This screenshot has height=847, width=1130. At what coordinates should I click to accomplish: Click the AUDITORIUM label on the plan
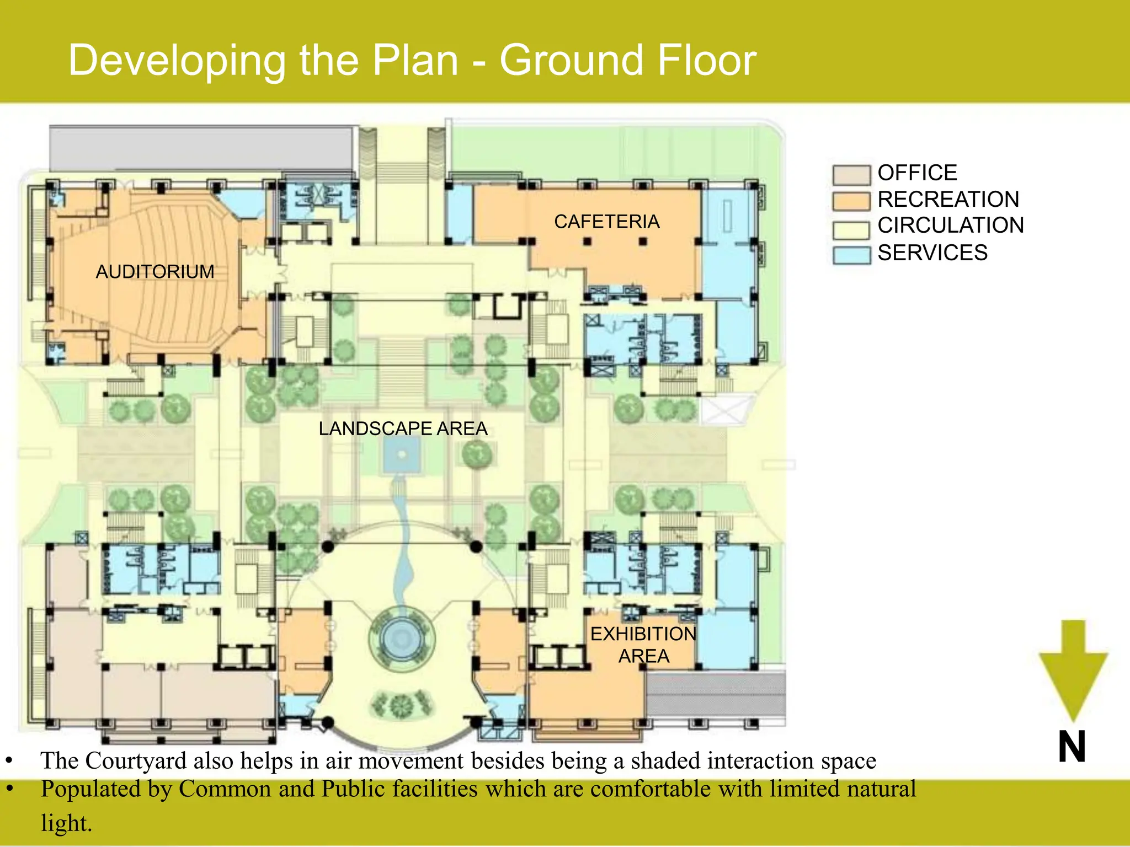pyautogui.click(x=155, y=272)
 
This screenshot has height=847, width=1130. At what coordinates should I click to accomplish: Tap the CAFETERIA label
pyautogui.click(x=606, y=222)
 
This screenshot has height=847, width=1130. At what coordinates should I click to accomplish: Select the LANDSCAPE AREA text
pyautogui.click(x=403, y=428)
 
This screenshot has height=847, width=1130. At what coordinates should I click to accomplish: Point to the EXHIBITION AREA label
pyautogui.click(x=643, y=645)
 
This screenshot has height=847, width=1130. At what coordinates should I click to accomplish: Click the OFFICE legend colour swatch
pyautogui.click(x=851, y=174)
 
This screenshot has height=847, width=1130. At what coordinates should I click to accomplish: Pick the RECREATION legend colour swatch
pyautogui.click(x=851, y=201)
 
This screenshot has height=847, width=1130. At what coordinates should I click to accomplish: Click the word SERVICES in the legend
pyautogui.click(x=932, y=253)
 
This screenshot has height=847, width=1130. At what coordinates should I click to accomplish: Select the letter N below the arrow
pyautogui.click(x=1072, y=747)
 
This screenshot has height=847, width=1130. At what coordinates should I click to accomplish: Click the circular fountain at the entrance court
pyautogui.click(x=402, y=639)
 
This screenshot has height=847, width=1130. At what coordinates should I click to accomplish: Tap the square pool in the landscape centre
pyautogui.click(x=402, y=455)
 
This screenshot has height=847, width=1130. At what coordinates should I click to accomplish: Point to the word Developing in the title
pyautogui.click(x=177, y=61)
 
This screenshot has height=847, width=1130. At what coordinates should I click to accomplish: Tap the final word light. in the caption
pyautogui.click(x=66, y=823)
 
